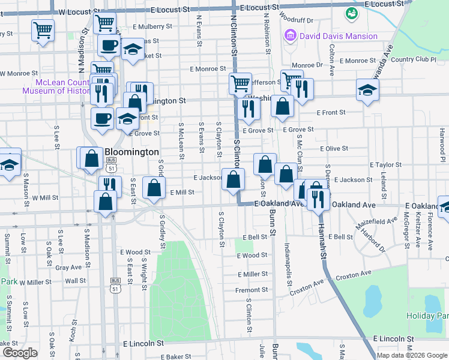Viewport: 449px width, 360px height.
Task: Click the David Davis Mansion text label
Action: coord(339,36)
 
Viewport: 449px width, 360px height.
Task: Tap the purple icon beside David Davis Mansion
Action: coord(291,36)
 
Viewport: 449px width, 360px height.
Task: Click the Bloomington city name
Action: coord(131,152)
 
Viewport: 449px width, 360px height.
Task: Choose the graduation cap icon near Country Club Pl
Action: coord(368,91)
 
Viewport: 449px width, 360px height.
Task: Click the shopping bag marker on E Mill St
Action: coord(154,188)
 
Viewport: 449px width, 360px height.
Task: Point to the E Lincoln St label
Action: coord(143,344)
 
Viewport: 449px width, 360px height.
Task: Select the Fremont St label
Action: coord(247,290)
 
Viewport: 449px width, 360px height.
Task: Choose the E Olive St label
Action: coord(334,148)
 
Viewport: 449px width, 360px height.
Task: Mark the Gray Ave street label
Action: coord(68,267)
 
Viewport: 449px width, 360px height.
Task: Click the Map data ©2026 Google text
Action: coord(412,355)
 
